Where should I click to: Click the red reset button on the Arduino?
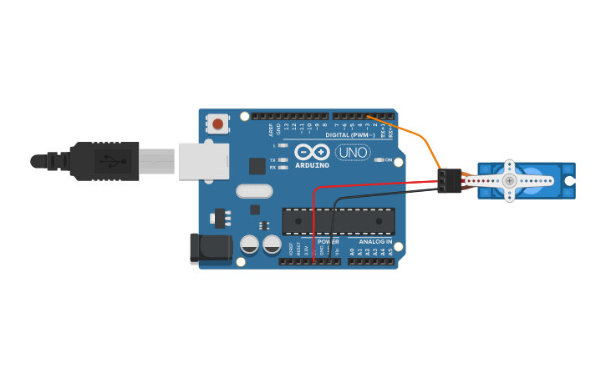218,124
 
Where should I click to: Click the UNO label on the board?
353,153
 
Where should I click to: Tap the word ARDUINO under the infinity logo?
312,165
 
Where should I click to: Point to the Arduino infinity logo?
312,152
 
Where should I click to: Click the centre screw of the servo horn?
509,180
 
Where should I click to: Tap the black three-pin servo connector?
449,181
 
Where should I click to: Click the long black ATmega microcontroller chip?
339,220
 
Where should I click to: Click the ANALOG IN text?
375,241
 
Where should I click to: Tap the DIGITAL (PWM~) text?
349,134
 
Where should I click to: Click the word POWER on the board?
328,241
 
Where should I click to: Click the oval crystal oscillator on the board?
254,191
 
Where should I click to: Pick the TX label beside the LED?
272,159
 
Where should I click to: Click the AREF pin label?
271,129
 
